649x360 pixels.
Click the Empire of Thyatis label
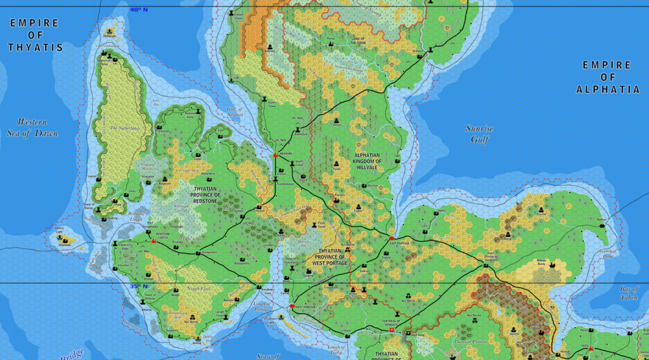[35, 35]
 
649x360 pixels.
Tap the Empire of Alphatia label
[607, 77]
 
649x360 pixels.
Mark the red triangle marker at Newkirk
[274, 155]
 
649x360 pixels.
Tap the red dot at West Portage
[292, 307]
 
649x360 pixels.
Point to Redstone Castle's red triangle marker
[153, 241]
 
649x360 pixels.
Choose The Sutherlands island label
[124, 128]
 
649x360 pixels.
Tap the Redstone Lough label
[137, 215]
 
